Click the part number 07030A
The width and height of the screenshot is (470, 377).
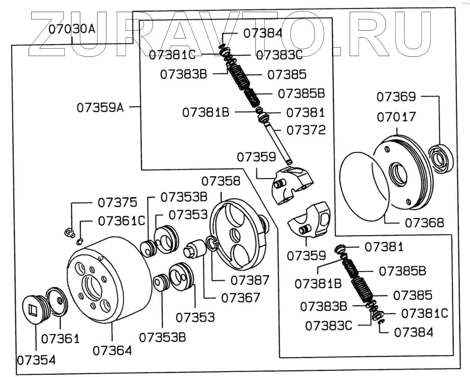pos(71,29)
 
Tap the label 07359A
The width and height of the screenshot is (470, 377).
pos(100,108)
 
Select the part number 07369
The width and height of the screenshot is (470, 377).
pos(396,97)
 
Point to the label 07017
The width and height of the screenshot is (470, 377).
pos(396,117)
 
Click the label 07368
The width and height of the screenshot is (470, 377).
pos(424,222)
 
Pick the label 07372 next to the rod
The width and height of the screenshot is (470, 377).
pos(306,130)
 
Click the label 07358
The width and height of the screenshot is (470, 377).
pos(221,181)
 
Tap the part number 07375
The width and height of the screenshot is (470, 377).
pos(117,202)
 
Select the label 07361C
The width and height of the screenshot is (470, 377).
pos(121,221)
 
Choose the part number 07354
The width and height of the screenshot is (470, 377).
pos(36,360)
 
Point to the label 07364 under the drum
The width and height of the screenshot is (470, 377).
pos(112,350)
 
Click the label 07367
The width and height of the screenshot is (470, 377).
pos(241,297)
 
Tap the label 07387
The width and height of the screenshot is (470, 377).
pos(250,280)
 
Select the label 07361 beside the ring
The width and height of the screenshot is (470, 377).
pos(60,338)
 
